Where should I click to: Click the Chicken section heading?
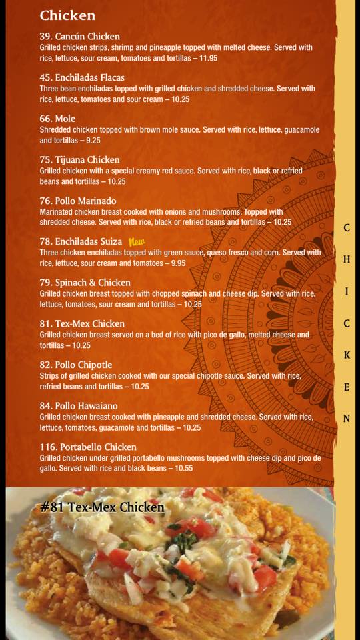67,15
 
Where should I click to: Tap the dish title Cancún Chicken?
87,36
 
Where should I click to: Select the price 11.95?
208,58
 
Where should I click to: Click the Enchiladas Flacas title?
90,77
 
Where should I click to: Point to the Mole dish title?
65,119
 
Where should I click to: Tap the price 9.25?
93,141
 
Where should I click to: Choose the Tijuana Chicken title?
87,159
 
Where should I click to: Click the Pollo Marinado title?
86,201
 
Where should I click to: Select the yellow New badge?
137,241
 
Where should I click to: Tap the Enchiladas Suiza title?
89,241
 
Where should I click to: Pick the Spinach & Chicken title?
93,283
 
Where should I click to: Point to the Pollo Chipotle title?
83,365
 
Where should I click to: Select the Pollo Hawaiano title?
86,406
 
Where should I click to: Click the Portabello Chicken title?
95,447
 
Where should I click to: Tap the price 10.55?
184,469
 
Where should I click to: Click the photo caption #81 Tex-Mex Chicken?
103,507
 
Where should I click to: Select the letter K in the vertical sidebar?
347,355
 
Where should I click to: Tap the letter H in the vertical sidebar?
347,259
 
